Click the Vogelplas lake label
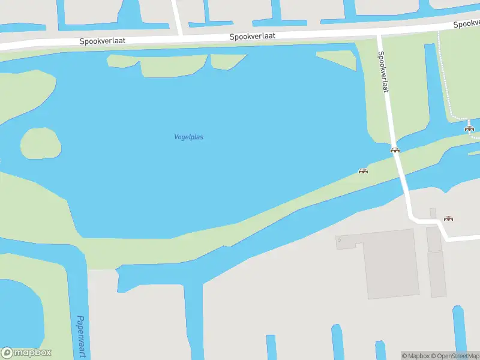(188, 137)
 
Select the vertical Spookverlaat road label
(383, 71)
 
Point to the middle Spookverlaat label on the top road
(253, 37)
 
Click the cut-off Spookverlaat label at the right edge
(466, 24)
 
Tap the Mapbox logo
(26, 353)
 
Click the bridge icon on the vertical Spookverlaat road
(395, 150)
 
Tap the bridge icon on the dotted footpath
(469, 128)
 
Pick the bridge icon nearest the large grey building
(448, 218)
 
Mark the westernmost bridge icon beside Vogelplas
(363, 171)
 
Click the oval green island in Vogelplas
(40, 143)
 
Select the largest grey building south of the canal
(391, 264)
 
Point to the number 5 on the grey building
(339, 240)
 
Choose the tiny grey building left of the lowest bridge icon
(433, 213)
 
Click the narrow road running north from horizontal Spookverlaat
(177, 17)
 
